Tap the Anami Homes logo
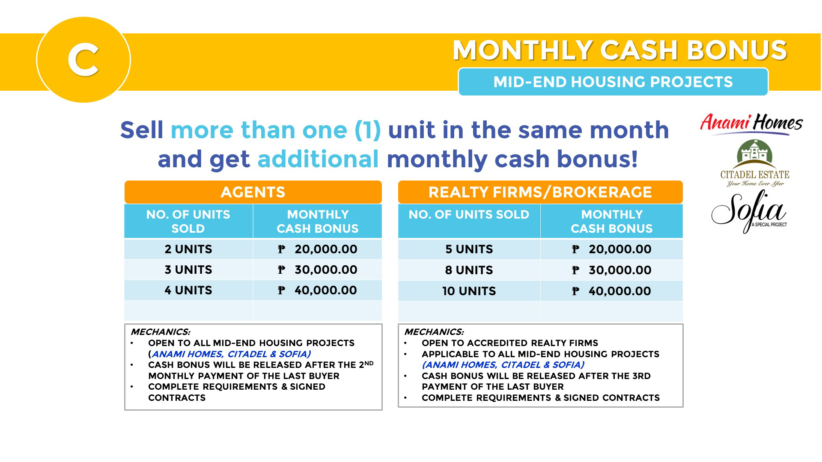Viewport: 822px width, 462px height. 751,124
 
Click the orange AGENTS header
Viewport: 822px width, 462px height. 253,192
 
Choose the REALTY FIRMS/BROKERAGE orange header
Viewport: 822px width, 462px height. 540,192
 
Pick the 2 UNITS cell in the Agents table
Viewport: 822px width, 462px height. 188,249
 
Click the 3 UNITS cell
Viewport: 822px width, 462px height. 188,269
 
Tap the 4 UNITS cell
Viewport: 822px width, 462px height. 188,290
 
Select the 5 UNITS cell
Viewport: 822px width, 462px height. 469,249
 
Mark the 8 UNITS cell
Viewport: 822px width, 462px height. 469,270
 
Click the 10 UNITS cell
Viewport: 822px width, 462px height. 469,291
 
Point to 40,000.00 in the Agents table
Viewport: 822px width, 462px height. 326,290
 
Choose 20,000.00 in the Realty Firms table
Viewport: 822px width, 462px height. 620,249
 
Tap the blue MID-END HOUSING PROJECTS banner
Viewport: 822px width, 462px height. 613,82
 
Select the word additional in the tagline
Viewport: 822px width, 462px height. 318,159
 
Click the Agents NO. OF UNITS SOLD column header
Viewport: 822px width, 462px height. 188,221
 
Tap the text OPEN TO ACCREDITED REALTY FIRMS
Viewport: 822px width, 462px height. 510,343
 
